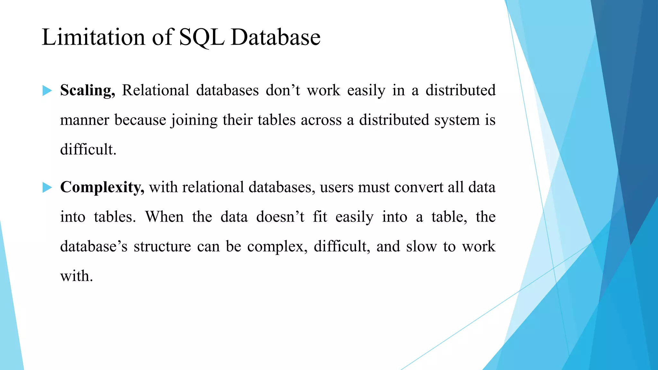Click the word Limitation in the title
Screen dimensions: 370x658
point(93,37)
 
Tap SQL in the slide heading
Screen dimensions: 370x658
point(201,38)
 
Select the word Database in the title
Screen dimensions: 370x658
point(275,37)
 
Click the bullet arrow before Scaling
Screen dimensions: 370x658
point(47,91)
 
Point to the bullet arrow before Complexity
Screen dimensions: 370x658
point(47,187)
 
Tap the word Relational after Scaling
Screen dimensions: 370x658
point(156,90)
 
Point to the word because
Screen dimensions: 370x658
point(140,120)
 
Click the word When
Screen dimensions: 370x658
point(164,217)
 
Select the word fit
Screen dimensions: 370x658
point(320,217)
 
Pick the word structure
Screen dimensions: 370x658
point(162,247)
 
